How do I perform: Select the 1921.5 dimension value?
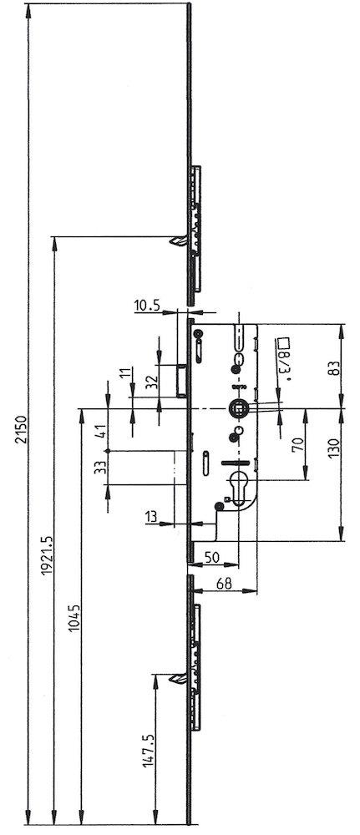48,554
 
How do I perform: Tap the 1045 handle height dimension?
74,618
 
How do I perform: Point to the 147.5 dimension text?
149,751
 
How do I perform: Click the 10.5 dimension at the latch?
147,305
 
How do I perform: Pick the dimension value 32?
152,382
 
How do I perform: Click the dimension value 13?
151,515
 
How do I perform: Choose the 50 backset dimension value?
212,557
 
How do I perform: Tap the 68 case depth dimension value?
225,583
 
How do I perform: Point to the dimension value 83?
334,367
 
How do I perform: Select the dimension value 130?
334,449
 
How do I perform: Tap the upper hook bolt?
178,240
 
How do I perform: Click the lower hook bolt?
178,678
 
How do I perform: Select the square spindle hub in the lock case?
238,409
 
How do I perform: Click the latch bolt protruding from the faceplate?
181,380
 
